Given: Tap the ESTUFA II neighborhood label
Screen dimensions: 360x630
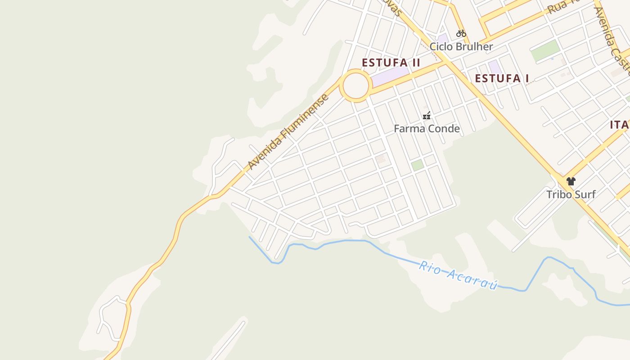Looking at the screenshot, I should (391, 63).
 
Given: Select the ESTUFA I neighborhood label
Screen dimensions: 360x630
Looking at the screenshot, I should (502, 78).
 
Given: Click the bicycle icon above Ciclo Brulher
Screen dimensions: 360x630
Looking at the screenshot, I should (461, 33).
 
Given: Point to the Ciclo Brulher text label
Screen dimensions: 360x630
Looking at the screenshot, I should (461, 46).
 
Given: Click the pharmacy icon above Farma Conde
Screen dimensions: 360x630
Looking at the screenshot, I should (427, 116).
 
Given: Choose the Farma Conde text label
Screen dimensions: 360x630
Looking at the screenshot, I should (427, 129).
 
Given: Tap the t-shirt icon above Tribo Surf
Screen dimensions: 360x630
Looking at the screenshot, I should (571, 181).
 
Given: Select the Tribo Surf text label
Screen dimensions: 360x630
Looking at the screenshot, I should (571, 194).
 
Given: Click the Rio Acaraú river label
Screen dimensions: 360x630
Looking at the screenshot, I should (458, 274).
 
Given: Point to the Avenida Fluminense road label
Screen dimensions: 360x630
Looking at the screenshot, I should (288, 132).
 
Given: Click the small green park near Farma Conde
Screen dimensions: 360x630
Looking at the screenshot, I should (418, 165).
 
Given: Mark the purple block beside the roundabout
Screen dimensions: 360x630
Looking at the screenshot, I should (390, 76).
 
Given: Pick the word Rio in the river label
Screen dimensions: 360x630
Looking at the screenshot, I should (429, 266).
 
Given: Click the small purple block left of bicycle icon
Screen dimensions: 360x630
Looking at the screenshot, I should (443, 38).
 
